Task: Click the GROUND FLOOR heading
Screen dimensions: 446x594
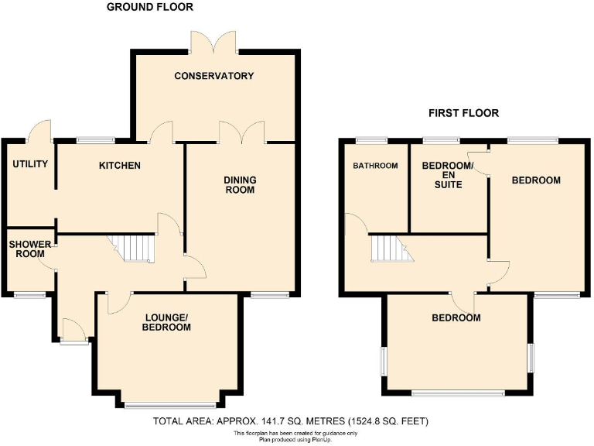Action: [x=149, y=7]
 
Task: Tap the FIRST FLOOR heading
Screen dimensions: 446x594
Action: [x=463, y=113]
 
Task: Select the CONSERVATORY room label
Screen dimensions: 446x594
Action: [x=214, y=76]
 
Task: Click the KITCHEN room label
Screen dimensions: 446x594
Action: [x=119, y=166]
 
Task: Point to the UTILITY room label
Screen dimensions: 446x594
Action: [x=30, y=164]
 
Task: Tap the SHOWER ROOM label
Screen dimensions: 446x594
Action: [x=30, y=249]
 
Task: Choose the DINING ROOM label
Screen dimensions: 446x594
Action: [x=240, y=185]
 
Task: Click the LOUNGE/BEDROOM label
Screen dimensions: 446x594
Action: [x=166, y=322]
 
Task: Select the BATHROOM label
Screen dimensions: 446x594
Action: [x=375, y=166]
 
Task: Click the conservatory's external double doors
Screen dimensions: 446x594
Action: [x=213, y=43]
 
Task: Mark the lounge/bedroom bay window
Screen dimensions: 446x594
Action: [x=170, y=405]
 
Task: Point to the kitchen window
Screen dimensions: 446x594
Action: [x=95, y=140]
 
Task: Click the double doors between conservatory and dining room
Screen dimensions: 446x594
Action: [x=241, y=133]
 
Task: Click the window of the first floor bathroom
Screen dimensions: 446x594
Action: [x=371, y=140]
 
